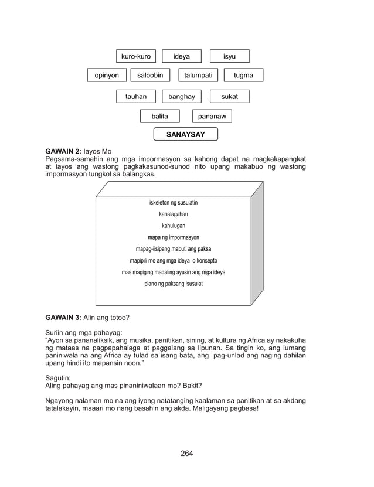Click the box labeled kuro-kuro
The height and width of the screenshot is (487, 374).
pyautogui.click(x=136, y=56)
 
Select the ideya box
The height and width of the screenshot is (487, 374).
pyautogui.click(x=182, y=56)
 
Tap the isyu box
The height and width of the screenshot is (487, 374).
pyautogui.click(x=229, y=56)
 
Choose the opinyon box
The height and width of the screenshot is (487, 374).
pyautogui.click(x=107, y=75)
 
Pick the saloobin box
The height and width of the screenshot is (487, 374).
pyautogui.click(x=150, y=75)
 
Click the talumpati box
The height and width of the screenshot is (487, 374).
pyautogui.click(x=198, y=75)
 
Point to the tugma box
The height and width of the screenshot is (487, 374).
pyautogui.click(x=243, y=75)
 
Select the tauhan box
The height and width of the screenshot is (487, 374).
pyautogui.click(x=136, y=96)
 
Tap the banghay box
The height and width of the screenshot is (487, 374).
pyautogui.click(x=182, y=96)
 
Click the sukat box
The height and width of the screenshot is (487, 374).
pyautogui.click(x=229, y=96)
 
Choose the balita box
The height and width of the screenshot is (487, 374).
pyautogui.click(x=159, y=117)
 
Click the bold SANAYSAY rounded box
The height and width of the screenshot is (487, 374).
pyautogui.click(x=185, y=134)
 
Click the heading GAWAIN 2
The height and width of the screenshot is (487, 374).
pyautogui.click(x=63, y=152)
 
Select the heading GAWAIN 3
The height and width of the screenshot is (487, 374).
pyautogui.click(x=63, y=317)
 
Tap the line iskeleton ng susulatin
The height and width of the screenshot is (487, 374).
pyautogui.click(x=174, y=202)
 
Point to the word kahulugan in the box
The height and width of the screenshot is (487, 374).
pyautogui.click(x=174, y=226)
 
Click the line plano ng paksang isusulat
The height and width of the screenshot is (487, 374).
pyautogui.click(x=174, y=284)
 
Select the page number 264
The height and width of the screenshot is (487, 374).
pyautogui.click(x=186, y=453)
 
